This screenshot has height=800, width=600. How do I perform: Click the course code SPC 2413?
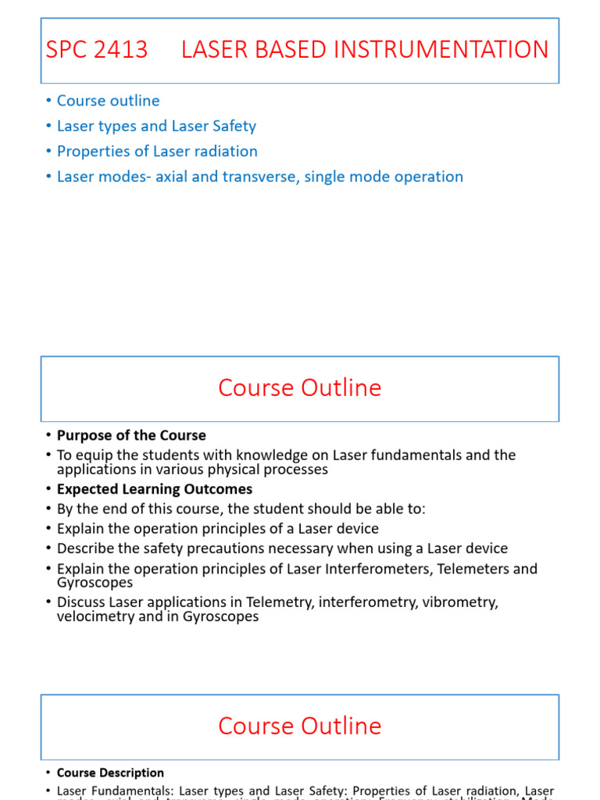tap(97, 50)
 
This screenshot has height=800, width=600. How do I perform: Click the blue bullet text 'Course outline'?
tap(108, 101)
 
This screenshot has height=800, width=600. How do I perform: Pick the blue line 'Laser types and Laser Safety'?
tap(156, 126)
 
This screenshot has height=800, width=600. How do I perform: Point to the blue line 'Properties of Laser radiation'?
tap(157, 151)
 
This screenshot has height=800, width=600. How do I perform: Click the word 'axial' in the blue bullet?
tap(175, 177)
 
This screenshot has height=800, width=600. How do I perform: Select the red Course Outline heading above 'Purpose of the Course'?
tap(299, 388)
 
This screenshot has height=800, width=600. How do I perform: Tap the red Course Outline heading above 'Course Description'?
tap(299, 726)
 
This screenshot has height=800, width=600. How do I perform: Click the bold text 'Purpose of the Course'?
tap(131, 436)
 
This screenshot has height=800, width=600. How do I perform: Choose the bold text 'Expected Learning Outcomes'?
tap(155, 489)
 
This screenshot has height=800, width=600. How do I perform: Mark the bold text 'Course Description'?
tap(110, 773)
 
